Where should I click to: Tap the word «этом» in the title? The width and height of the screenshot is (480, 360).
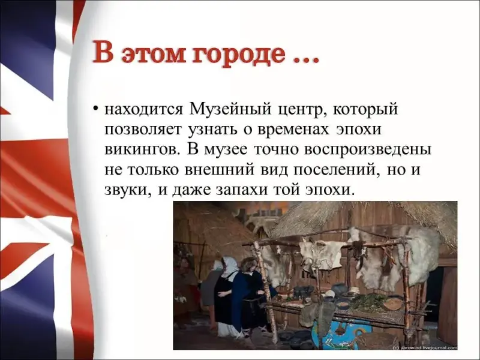154,55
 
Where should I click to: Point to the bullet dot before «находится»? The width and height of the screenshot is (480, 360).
96,109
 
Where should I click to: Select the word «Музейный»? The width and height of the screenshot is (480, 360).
230,109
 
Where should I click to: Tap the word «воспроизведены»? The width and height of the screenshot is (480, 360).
366,151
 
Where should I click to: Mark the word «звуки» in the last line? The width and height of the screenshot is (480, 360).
128,190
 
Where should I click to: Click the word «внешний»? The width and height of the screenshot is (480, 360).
219,170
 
